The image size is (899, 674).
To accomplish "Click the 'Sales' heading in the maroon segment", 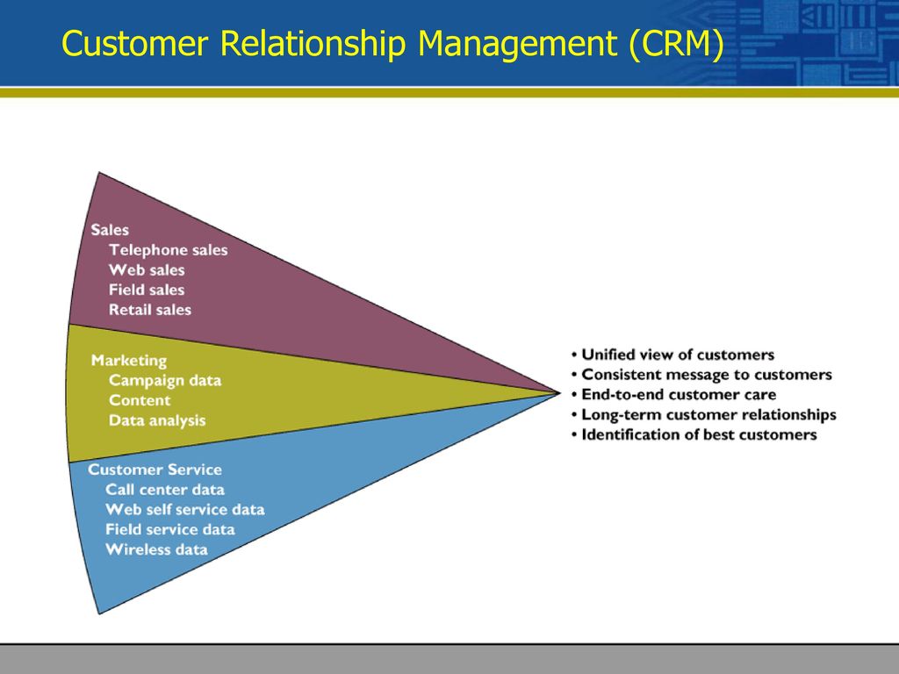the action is (x=110, y=230).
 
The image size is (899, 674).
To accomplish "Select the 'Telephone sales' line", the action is (x=168, y=250).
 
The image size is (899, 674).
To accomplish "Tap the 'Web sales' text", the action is (x=147, y=270).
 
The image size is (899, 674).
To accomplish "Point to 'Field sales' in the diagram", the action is (x=147, y=290).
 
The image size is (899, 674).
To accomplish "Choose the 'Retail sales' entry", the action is (x=150, y=310).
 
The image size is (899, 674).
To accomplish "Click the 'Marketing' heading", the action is (x=129, y=361).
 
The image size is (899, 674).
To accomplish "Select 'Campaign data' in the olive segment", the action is (x=165, y=381).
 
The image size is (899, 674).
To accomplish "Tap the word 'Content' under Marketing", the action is (x=140, y=400).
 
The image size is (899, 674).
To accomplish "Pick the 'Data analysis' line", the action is (x=157, y=420).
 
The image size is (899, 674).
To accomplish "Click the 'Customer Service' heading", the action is (x=155, y=470).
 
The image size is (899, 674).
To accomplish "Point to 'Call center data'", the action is (x=165, y=490).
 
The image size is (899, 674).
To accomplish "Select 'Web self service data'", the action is (x=185, y=510).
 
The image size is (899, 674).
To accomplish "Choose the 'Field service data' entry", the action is (x=170, y=529).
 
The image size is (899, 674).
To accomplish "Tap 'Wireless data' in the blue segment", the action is (x=156, y=549).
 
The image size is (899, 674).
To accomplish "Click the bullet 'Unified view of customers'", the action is (x=672, y=355).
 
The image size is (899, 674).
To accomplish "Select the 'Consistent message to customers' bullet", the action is (x=701, y=375).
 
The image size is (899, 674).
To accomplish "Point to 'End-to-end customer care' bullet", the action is (x=673, y=395).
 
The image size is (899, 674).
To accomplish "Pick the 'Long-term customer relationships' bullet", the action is (x=703, y=415).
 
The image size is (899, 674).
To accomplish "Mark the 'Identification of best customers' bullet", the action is (x=694, y=435).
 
